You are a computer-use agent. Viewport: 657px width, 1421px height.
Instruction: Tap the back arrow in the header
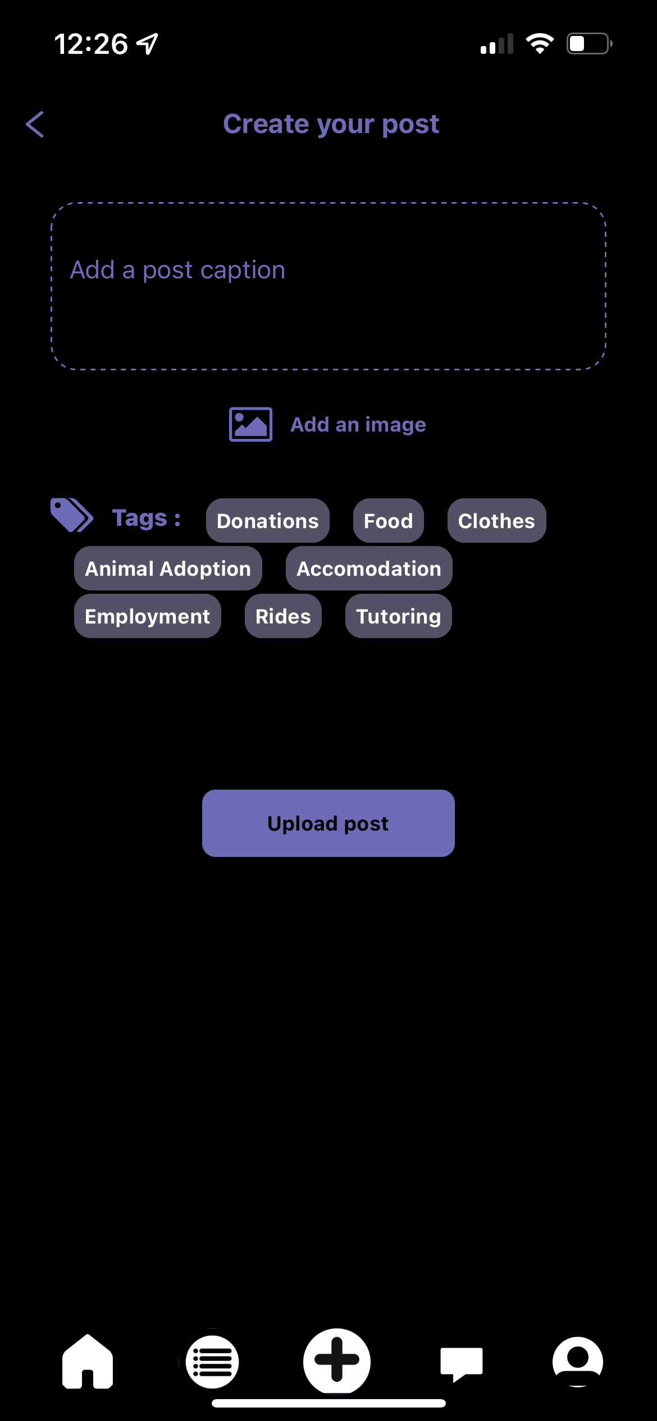pos(35,124)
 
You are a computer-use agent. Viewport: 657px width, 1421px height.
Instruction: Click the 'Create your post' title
pos(331,124)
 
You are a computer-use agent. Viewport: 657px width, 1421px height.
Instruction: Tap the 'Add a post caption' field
pos(328,286)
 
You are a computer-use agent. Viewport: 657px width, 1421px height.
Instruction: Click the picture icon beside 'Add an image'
pos(250,424)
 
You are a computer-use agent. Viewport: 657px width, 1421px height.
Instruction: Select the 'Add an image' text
pos(358,425)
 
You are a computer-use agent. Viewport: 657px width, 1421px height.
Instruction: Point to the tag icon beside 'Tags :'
pos(71,515)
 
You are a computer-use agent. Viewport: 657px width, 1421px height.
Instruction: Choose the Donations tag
pos(267,521)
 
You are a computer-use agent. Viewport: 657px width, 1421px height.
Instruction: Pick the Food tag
pos(388,521)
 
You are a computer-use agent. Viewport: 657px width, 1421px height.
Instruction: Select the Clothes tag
pos(496,521)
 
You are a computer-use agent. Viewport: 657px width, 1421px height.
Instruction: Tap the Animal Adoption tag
pos(168,569)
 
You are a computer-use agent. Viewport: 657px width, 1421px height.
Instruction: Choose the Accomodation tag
pos(369,569)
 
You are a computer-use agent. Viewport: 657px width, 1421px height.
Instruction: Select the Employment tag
pos(147,616)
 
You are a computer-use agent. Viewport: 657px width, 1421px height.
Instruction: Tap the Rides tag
pos(283,616)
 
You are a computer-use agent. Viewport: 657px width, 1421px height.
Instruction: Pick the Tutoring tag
pos(398,616)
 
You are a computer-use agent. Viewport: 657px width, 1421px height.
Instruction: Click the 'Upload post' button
pos(328,823)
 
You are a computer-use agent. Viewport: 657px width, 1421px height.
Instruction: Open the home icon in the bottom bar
pos(88,1362)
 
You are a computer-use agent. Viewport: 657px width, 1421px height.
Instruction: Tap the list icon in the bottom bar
pos(212,1362)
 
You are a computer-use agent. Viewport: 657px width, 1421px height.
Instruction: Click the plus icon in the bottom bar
pos(337,1360)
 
